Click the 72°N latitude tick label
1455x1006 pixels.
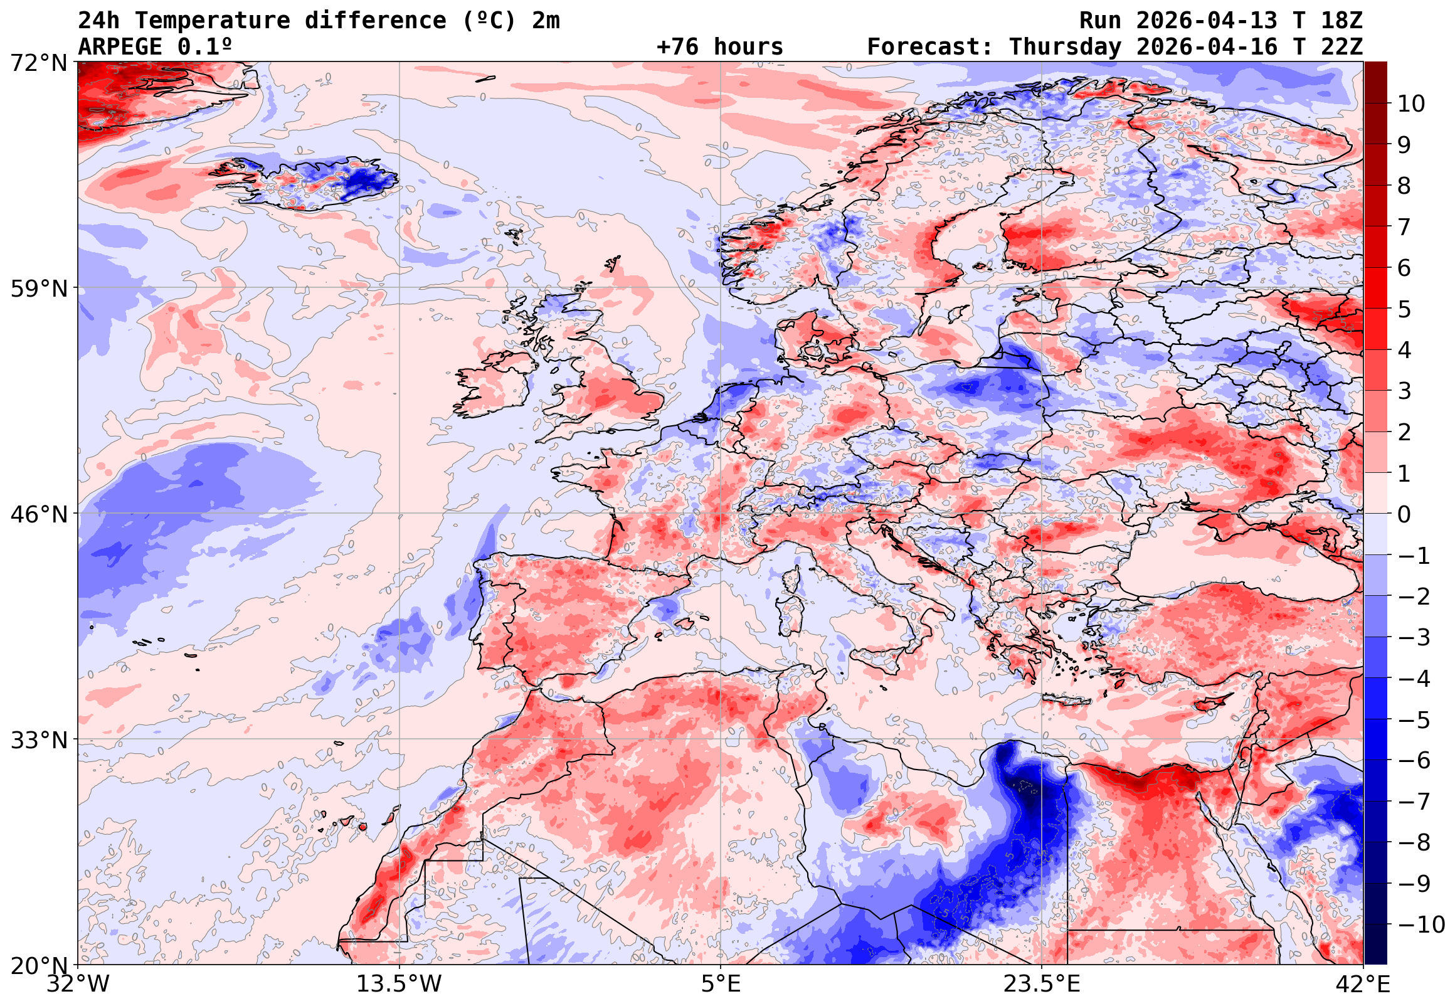coord(38,63)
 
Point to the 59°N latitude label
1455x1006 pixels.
coord(38,289)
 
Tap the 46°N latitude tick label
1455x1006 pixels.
coord(38,514)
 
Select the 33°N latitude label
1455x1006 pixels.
coord(38,740)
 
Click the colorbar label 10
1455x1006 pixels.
coord(1411,104)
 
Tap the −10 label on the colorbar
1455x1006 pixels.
coord(1421,924)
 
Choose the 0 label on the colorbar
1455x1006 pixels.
coord(1404,514)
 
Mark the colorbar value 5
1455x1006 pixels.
coord(1404,309)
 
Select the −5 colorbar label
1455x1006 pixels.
coord(1414,720)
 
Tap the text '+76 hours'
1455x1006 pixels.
coord(719,47)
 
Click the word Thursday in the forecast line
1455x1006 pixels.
coord(1065,47)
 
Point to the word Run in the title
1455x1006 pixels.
coord(1100,21)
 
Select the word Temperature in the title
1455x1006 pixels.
coord(213,21)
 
